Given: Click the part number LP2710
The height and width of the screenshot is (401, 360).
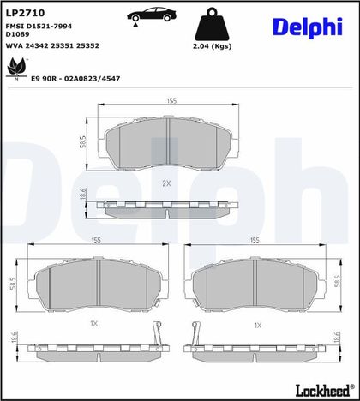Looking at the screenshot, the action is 26,13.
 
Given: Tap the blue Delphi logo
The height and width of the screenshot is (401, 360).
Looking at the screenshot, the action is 308,27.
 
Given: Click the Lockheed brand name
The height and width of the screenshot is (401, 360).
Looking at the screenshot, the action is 323,390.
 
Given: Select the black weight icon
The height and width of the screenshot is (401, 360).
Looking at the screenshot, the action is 212,25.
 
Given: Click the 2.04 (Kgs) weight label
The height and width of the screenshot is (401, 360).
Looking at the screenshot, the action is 212,46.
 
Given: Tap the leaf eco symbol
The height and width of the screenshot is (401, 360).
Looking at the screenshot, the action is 16,69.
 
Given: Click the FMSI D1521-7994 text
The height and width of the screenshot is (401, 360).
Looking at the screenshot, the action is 39,26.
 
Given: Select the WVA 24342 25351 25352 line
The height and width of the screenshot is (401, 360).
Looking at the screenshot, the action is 52,45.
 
